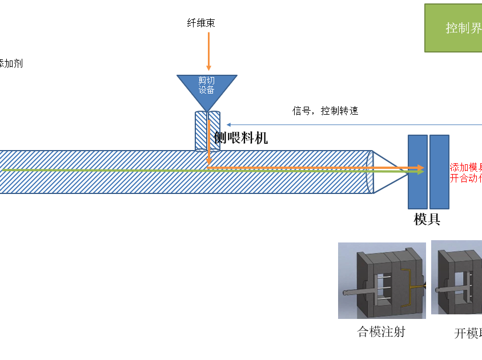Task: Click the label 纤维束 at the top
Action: tap(201, 23)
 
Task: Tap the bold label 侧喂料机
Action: tap(240, 137)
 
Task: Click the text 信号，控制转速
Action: tap(326, 111)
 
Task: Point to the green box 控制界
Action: tap(453, 28)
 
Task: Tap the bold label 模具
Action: tap(427, 219)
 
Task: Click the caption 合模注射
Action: tap(381, 331)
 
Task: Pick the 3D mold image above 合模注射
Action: tap(381, 281)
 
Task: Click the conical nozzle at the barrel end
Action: tap(385, 172)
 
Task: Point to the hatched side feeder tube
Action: tap(207, 131)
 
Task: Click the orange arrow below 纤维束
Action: tap(208, 51)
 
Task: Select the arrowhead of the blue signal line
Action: tap(228, 124)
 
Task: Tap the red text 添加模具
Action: tap(466, 167)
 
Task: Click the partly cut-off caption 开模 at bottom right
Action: tap(468, 333)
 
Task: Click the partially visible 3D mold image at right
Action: tap(457, 277)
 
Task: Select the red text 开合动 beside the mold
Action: tap(466, 177)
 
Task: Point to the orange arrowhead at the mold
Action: tap(421, 168)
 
